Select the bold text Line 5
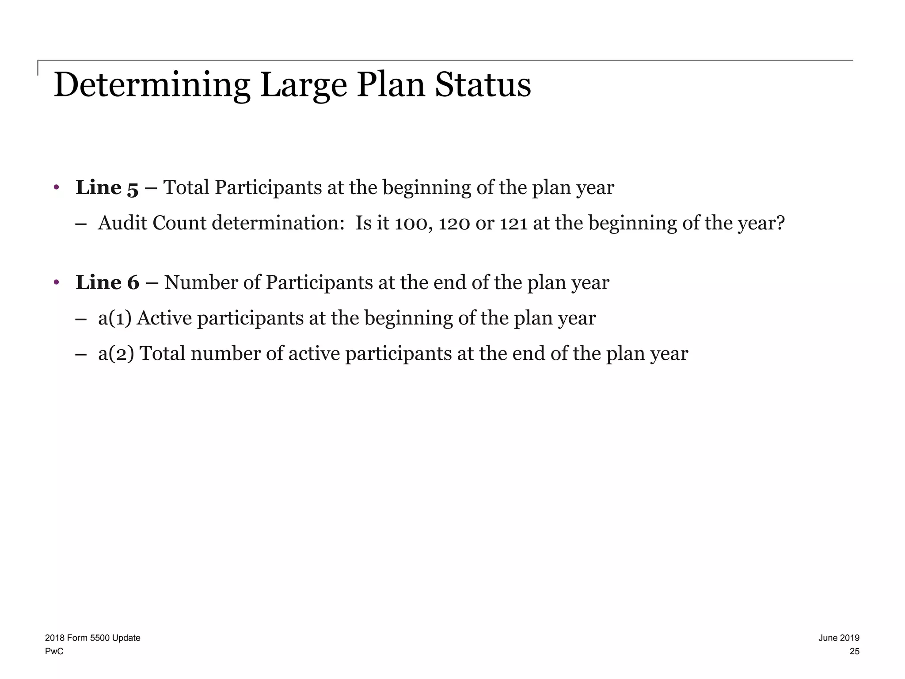107,188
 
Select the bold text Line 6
107,282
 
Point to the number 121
513,223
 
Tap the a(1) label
115,318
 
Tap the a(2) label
116,354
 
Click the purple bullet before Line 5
56,187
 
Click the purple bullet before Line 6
56,282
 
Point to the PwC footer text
54,652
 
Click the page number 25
855,652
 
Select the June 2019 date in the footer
839,638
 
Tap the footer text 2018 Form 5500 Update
93,638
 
